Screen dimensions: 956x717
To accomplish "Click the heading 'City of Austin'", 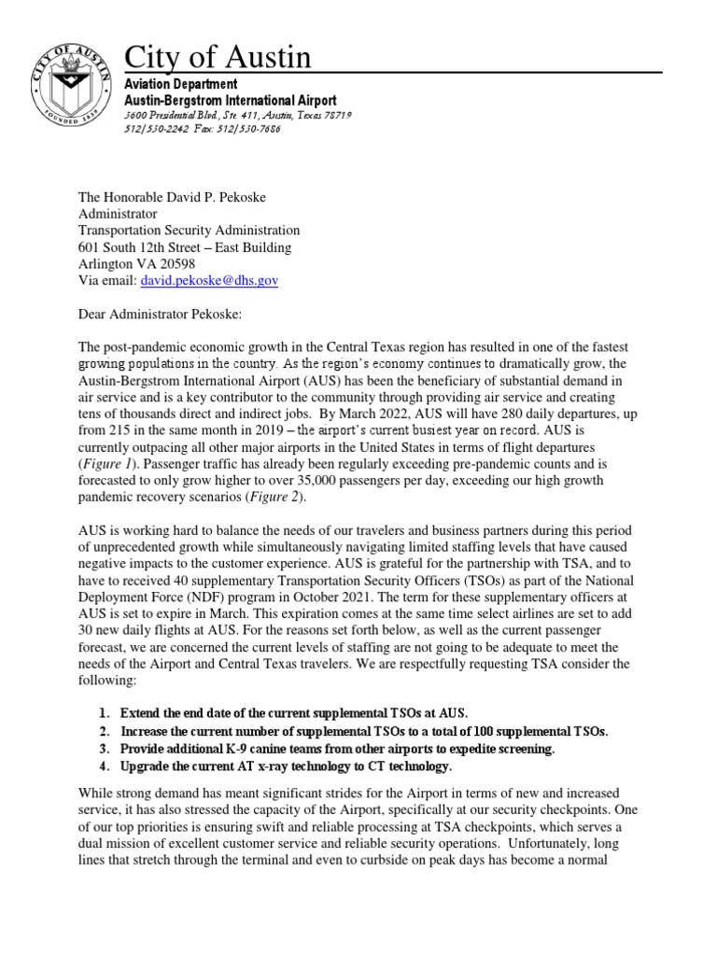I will tap(218, 58).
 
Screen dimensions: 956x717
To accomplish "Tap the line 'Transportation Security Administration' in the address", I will tap(189, 230).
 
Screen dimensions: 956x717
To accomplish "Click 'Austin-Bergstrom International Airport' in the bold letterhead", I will tap(232, 100).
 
